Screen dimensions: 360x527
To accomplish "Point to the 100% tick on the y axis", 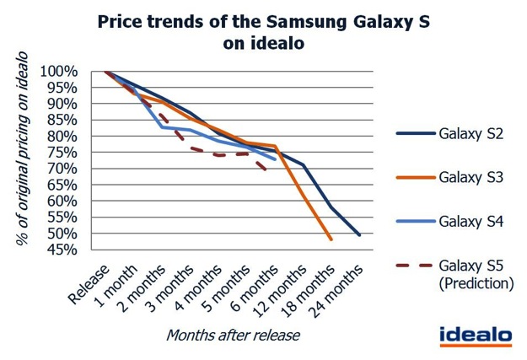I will coord(59,72).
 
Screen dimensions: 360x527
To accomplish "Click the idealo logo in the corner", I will coord(475,334).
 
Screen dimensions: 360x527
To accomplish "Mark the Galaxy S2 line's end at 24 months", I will coord(360,235).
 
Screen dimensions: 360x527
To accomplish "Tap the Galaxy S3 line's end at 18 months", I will coord(331,240).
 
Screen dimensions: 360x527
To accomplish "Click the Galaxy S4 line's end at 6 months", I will coord(275,159).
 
